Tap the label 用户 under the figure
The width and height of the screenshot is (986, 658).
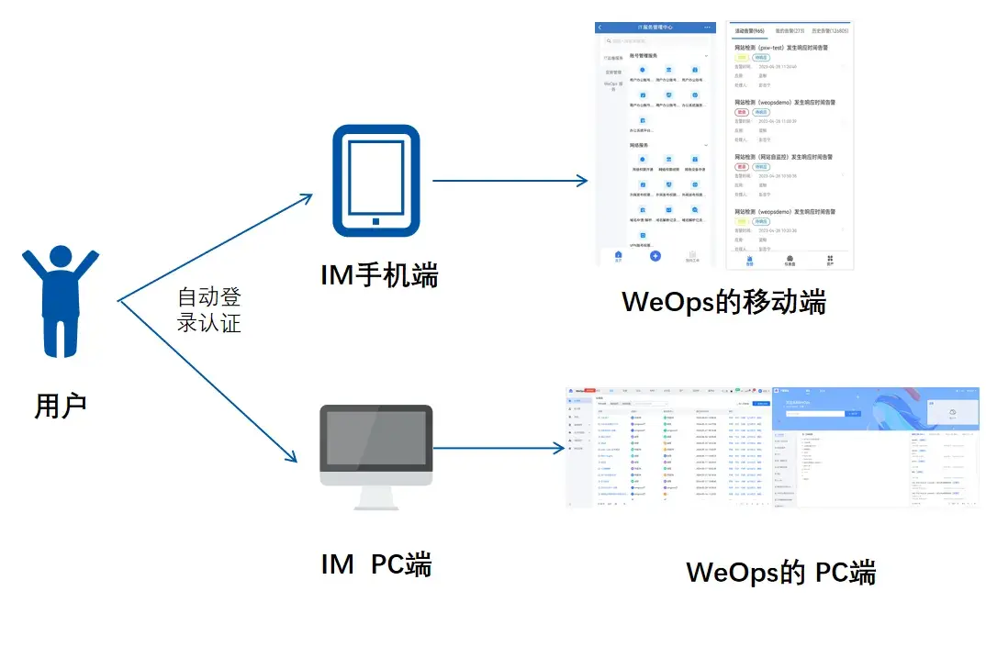[x=61, y=405]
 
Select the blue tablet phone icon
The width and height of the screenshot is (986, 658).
[x=375, y=181]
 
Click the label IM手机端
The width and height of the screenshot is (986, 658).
[x=379, y=274]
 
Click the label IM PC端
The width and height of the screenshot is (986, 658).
[x=376, y=564]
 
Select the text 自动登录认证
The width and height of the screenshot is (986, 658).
[x=209, y=310]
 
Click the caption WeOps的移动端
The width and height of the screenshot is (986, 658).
[x=723, y=301]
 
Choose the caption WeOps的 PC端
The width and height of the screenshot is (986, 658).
[x=780, y=573]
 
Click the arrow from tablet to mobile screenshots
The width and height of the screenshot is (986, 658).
[x=510, y=181]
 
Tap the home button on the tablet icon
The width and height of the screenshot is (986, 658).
[x=375, y=220]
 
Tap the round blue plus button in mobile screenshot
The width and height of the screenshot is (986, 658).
[x=655, y=256]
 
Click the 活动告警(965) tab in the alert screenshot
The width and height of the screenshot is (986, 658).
[x=750, y=30]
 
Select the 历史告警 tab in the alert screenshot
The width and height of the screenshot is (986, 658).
[x=830, y=30]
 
